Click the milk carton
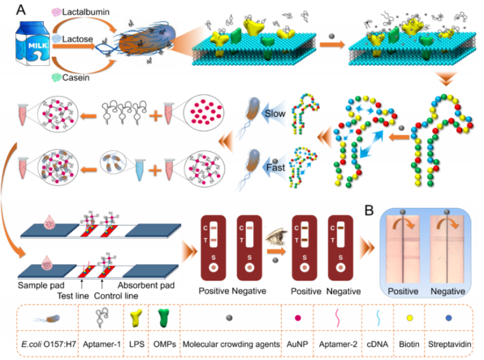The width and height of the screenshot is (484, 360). pyautogui.click(x=33, y=43)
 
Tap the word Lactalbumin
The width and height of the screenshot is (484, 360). pyautogui.click(x=86, y=12)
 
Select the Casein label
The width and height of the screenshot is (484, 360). pyautogui.click(x=76, y=77)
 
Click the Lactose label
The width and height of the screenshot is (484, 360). pyautogui.click(x=77, y=39)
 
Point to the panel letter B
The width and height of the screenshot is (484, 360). pyautogui.click(x=369, y=210)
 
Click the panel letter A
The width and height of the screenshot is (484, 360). pyautogui.click(x=21, y=10)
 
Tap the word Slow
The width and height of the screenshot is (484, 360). pyautogui.click(x=275, y=113)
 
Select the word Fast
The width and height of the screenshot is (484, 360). pyautogui.click(x=276, y=167)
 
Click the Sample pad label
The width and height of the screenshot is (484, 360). pyautogui.click(x=41, y=285)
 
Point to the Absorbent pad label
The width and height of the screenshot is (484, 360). pyautogui.click(x=146, y=285)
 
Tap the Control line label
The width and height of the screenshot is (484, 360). pyautogui.click(x=116, y=296)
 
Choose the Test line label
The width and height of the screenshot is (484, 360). pyautogui.click(x=73, y=296)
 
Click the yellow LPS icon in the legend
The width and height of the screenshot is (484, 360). pyautogui.click(x=136, y=318)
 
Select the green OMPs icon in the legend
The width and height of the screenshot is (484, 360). pyautogui.click(x=164, y=318)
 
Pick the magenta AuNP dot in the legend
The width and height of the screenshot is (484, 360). pyautogui.click(x=298, y=318)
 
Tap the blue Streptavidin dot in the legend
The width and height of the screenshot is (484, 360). pyautogui.click(x=449, y=318)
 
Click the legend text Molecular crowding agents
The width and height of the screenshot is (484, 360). pyautogui.click(x=231, y=344)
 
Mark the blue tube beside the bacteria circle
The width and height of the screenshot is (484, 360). pyautogui.click(x=140, y=169)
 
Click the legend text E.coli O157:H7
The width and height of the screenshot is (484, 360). pyautogui.click(x=49, y=344)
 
